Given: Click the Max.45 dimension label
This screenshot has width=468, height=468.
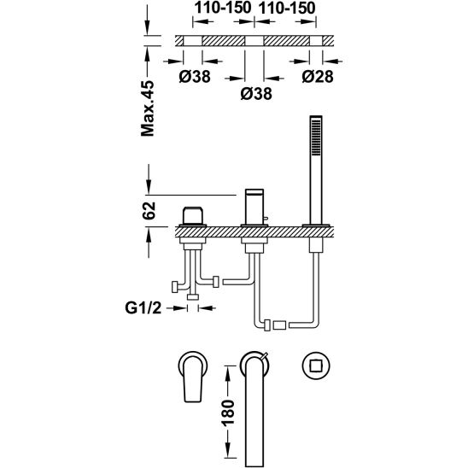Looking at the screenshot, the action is [x=148, y=108].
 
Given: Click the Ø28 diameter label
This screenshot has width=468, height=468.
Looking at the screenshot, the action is [x=318, y=76].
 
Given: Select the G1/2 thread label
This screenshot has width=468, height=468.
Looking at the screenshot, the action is [x=143, y=308].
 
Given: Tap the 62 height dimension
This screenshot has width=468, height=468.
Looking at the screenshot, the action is [x=149, y=211].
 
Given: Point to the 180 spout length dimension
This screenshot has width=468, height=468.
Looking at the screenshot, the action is [x=228, y=412].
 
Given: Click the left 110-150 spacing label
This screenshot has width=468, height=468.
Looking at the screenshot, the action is [x=223, y=8].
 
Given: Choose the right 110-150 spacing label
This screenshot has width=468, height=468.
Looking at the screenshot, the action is [x=287, y=8].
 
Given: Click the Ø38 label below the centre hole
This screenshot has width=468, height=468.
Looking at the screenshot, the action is [x=256, y=94].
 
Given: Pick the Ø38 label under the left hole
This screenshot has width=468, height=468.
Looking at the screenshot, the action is [x=195, y=76].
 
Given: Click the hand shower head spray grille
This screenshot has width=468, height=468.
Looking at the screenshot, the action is [x=316, y=137].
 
